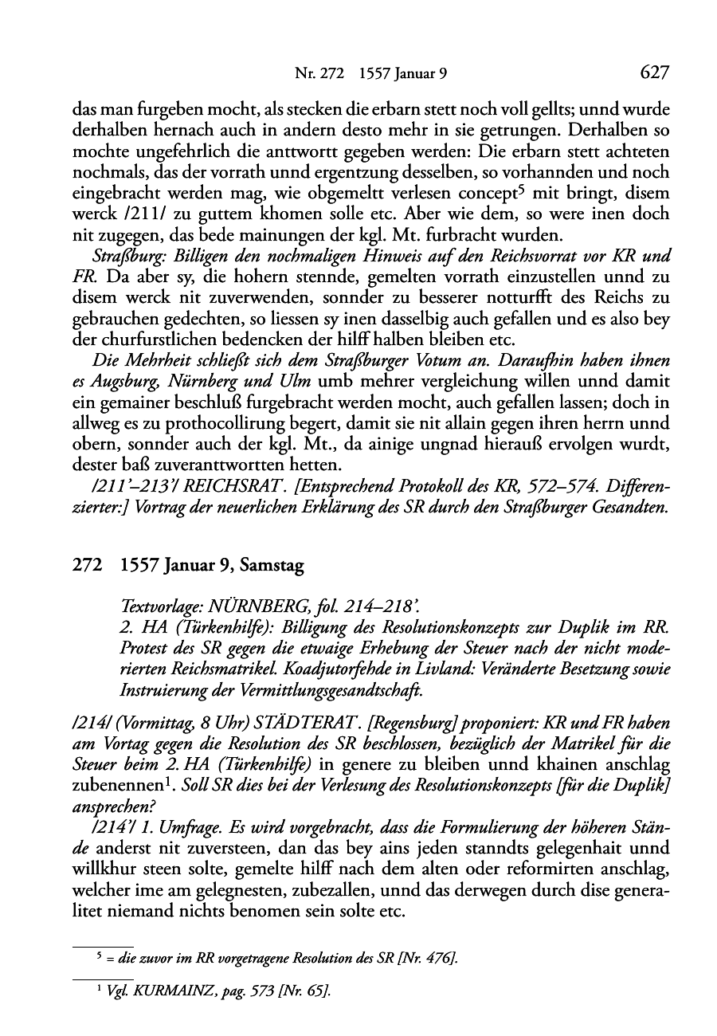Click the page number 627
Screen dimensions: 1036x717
pyautogui.click(x=652, y=74)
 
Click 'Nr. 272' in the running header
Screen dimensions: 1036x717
pyautogui.click(x=319, y=75)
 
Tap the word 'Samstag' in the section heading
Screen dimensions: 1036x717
pyautogui.click(x=268, y=567)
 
